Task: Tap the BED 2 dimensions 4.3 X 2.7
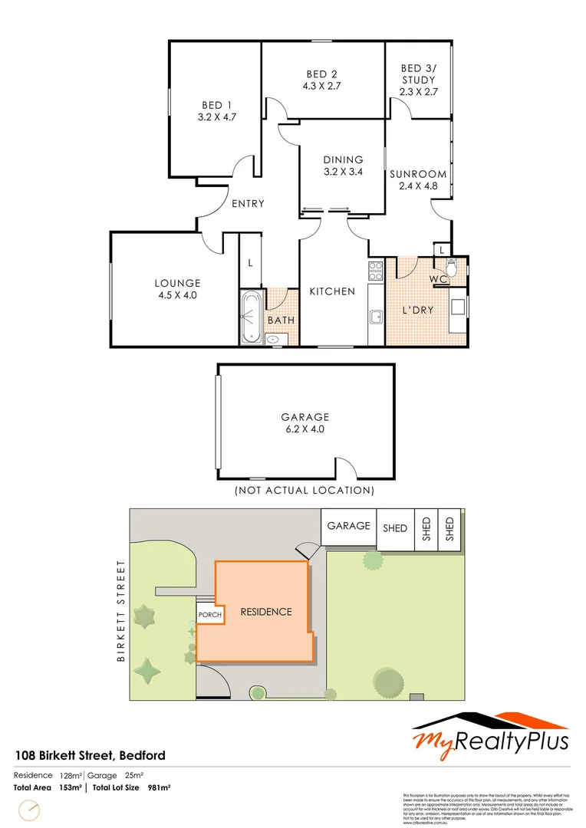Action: [321, 87]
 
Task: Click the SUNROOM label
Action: [417, 174]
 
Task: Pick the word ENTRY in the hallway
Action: [248, 204]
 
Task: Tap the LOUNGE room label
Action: [176, 283]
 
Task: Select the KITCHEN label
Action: [331, 291]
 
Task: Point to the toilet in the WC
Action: [452, 270]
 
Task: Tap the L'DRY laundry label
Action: [419, 310]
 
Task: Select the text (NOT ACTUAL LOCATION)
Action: [305, 490]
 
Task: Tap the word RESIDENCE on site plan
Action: [266, 612]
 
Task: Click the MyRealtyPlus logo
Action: [491, 732]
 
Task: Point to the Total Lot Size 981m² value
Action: [159, 787]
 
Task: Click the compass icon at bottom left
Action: [30, 810]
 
